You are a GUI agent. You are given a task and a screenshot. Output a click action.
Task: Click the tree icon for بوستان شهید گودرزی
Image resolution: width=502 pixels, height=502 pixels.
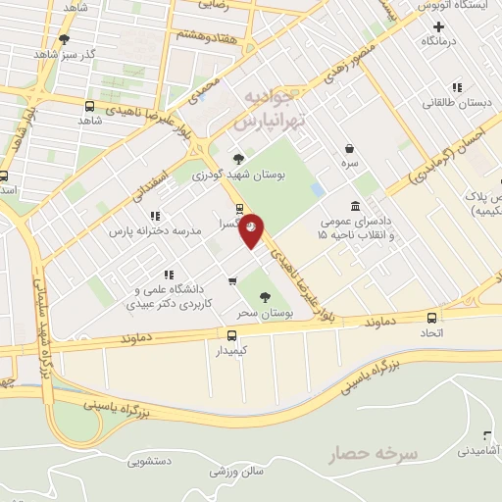238,159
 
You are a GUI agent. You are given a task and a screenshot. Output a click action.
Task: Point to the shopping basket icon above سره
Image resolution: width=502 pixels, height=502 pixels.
349,149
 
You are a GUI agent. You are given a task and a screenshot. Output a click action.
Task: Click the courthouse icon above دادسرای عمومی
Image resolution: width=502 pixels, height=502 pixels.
354,206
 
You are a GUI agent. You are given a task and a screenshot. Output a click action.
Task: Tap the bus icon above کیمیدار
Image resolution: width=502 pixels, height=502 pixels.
231,334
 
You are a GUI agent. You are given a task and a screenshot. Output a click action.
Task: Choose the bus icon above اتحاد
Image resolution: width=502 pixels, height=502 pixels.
432,317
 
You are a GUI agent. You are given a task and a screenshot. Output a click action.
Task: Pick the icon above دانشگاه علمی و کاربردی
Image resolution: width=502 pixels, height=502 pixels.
169,275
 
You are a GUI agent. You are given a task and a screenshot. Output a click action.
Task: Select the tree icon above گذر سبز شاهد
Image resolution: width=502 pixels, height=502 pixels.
65,39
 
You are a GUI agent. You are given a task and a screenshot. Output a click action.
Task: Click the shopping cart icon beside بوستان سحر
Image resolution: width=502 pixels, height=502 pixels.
231,282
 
